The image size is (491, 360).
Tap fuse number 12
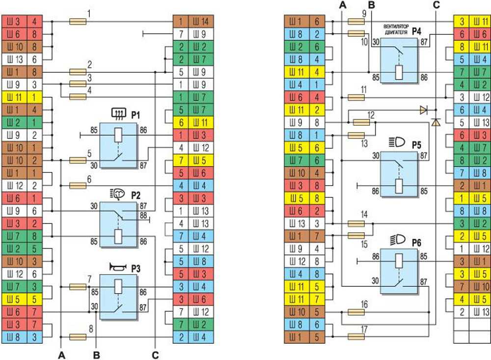(x=361, y=121)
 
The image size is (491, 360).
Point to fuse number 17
(x=356, y=337)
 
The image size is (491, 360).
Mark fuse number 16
(x=356, y=312)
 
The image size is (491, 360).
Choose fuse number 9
(x=356, y=22)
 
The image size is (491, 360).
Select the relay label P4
(x=417, y=31)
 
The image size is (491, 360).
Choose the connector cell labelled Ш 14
(x=201, y=22)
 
